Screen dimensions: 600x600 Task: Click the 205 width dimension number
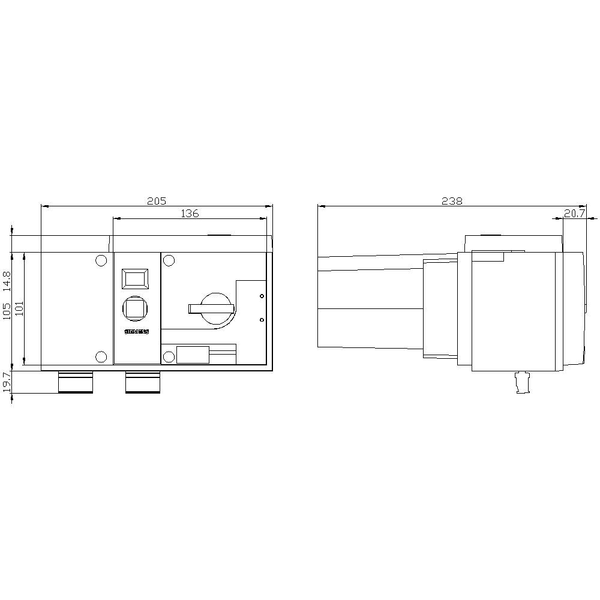[156, 201]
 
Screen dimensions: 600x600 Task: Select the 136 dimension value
[190, 213]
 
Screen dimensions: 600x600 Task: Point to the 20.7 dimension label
[574, 213]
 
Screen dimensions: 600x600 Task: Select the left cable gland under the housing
[76, 382]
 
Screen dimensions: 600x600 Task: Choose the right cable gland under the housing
[143, 382]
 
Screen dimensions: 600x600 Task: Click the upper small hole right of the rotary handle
[261, 296]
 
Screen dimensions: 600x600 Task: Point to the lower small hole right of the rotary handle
[261, 320]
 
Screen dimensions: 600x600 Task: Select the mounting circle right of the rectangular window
[169, 260]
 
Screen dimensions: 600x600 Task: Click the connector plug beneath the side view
[523, 383]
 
